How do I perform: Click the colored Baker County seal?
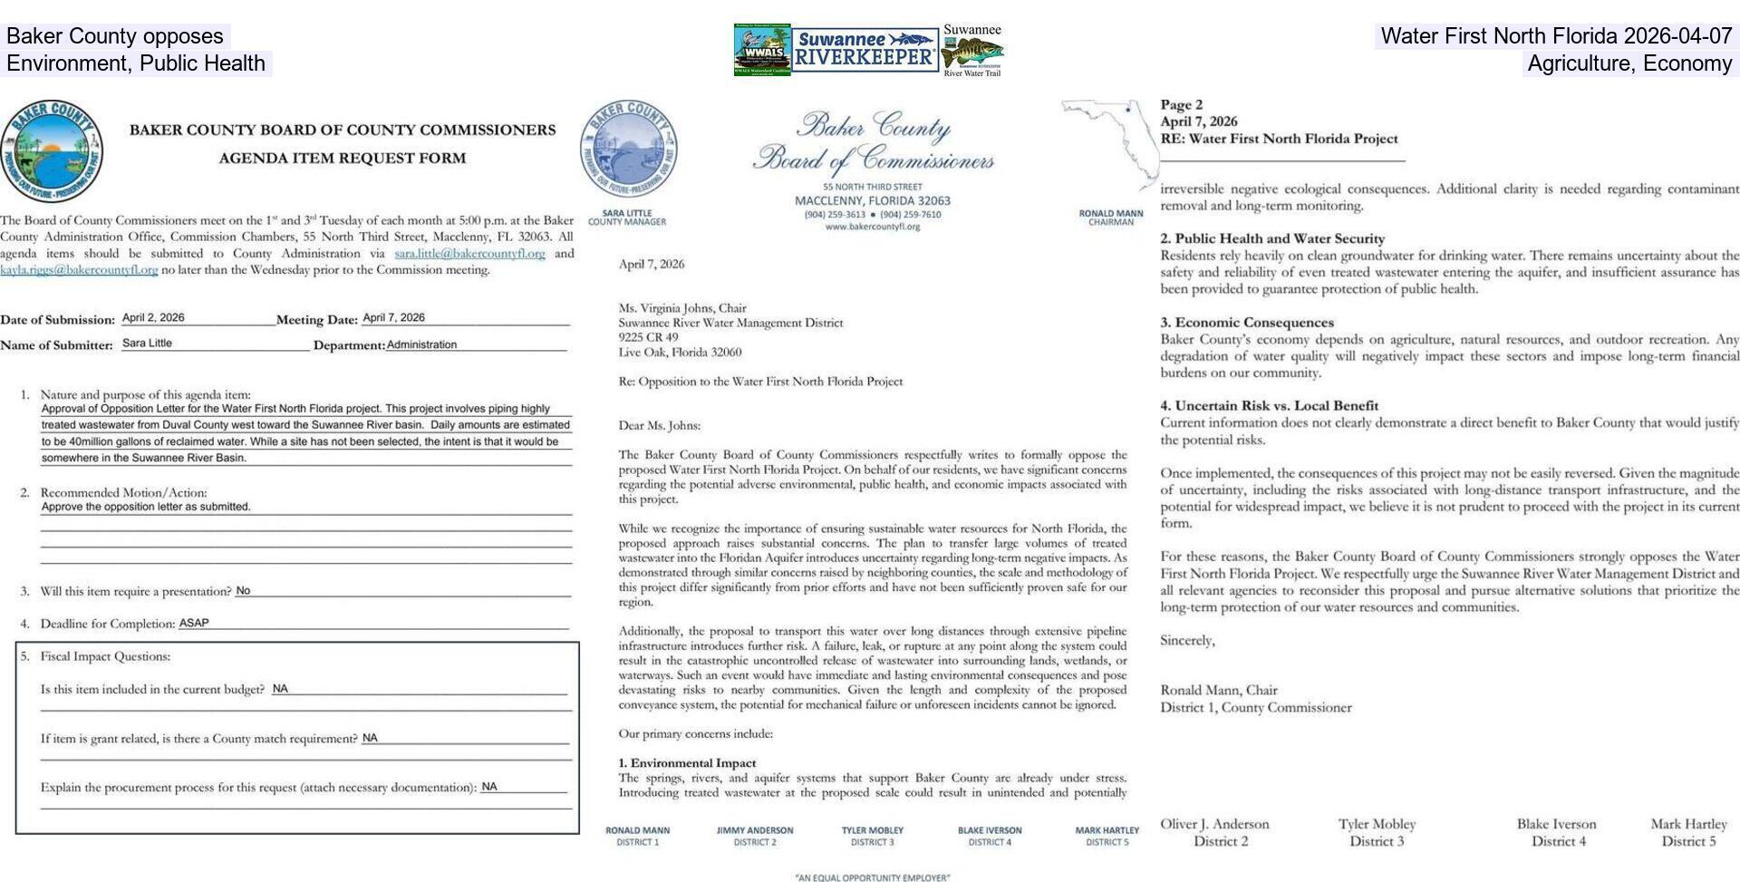pyautogui.click(x=52, y=150)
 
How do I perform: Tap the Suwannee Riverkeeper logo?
pyautogui.click(x=865, y=49)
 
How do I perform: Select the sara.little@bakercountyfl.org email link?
pyautogui.click(x=469, y=254)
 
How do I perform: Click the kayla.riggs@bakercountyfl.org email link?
pyautogui.click(x=79, y=270)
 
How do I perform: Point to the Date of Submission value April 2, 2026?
pyautogui.click(x=153, y=318)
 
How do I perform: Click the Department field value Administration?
pyautogui.click(x=421, y=344)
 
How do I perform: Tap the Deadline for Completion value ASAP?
pyautogui.click(x=194, y=624)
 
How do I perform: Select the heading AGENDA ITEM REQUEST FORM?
pyautogui.click(x=342, y=158)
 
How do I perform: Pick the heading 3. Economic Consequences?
pyautogui.click(x=1247, y=323)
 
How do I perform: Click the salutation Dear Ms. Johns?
pyautogui.click(x=659, y=425)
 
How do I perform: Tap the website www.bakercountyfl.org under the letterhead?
pyautogui.click(x=872, y=227)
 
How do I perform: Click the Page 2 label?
pyautogui.click(x=1181, y=105)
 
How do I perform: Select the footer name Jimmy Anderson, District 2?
pyautogui.click(x=754, y=836)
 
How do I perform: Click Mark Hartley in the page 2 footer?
pyautogui.click(x=1688, y=824)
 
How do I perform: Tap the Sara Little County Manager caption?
pyautogui.click(x=626, y=218)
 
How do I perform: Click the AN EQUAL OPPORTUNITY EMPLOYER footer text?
pyautogui.click(x=872, y=877)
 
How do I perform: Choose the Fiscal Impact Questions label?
pyautogui.click(x=104, y=656)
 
